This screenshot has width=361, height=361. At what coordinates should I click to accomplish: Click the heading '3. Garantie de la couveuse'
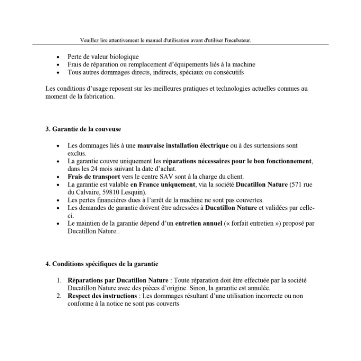(83, 129)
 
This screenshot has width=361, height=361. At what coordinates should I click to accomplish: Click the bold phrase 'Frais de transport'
(94, 176)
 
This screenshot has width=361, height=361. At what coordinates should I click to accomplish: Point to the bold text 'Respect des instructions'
(102, 296)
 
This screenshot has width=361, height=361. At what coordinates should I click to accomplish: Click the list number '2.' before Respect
(59, 296)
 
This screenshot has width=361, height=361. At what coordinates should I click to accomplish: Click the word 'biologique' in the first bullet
(123, 57)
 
